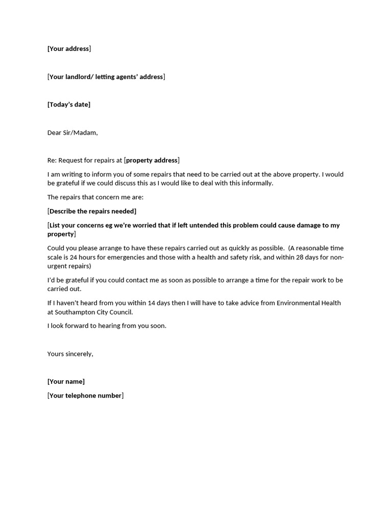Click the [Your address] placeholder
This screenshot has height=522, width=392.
click(69, 49)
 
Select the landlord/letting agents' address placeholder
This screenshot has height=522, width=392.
click(106, 77)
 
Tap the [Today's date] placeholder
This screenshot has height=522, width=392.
click(69, 105)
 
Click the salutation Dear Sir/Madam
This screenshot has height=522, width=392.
click(72, 133)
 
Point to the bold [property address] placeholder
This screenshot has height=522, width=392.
click(152, 160)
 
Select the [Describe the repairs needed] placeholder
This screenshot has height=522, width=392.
click(92, 211)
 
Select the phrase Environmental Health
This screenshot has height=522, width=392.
click(308, 303)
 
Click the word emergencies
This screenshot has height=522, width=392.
click(126, 257)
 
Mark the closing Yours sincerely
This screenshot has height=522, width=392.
click(70, 354)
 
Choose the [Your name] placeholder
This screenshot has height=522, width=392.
click(66, 381)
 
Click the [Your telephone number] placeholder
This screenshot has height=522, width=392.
click(85, 396)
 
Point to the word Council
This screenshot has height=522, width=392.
click(120, 312)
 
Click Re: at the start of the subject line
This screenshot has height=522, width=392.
click(52, 160)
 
